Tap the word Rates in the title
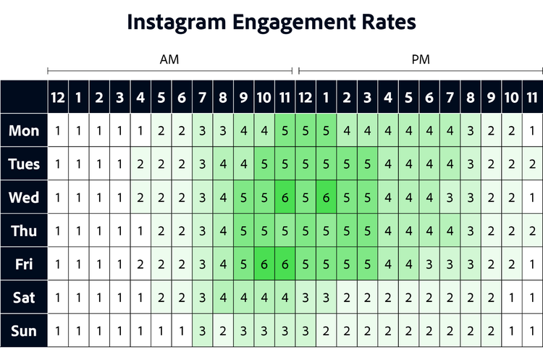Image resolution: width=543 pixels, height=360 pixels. click(x=387, y=22)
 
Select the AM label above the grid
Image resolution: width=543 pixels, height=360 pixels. click(x=169, y=60)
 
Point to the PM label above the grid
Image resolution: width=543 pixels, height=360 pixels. click(x=421, y=60)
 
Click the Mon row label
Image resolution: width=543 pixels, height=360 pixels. click(x=24, y=131)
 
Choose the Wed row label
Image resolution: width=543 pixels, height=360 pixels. click(x=24, y=198)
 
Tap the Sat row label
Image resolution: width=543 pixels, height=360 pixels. click(x=24, y=297)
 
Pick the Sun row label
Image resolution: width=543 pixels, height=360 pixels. click(x=24, y=330)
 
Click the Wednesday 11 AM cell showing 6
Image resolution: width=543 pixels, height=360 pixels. click(x=285, y=198)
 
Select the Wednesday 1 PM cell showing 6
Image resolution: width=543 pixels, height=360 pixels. click(x=326, y=198)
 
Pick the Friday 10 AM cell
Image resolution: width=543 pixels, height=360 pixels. click(x=264, y=264)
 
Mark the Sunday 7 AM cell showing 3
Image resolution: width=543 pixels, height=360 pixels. click(x=202, y=330)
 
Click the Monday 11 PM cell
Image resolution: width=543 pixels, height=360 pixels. click(x=532, y=131)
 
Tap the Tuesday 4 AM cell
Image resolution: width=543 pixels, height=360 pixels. click(x=140, y=164)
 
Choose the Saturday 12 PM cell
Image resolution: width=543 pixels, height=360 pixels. click(x=306, y=297)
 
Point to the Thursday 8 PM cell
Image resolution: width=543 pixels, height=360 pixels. click(x=471, y=230)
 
